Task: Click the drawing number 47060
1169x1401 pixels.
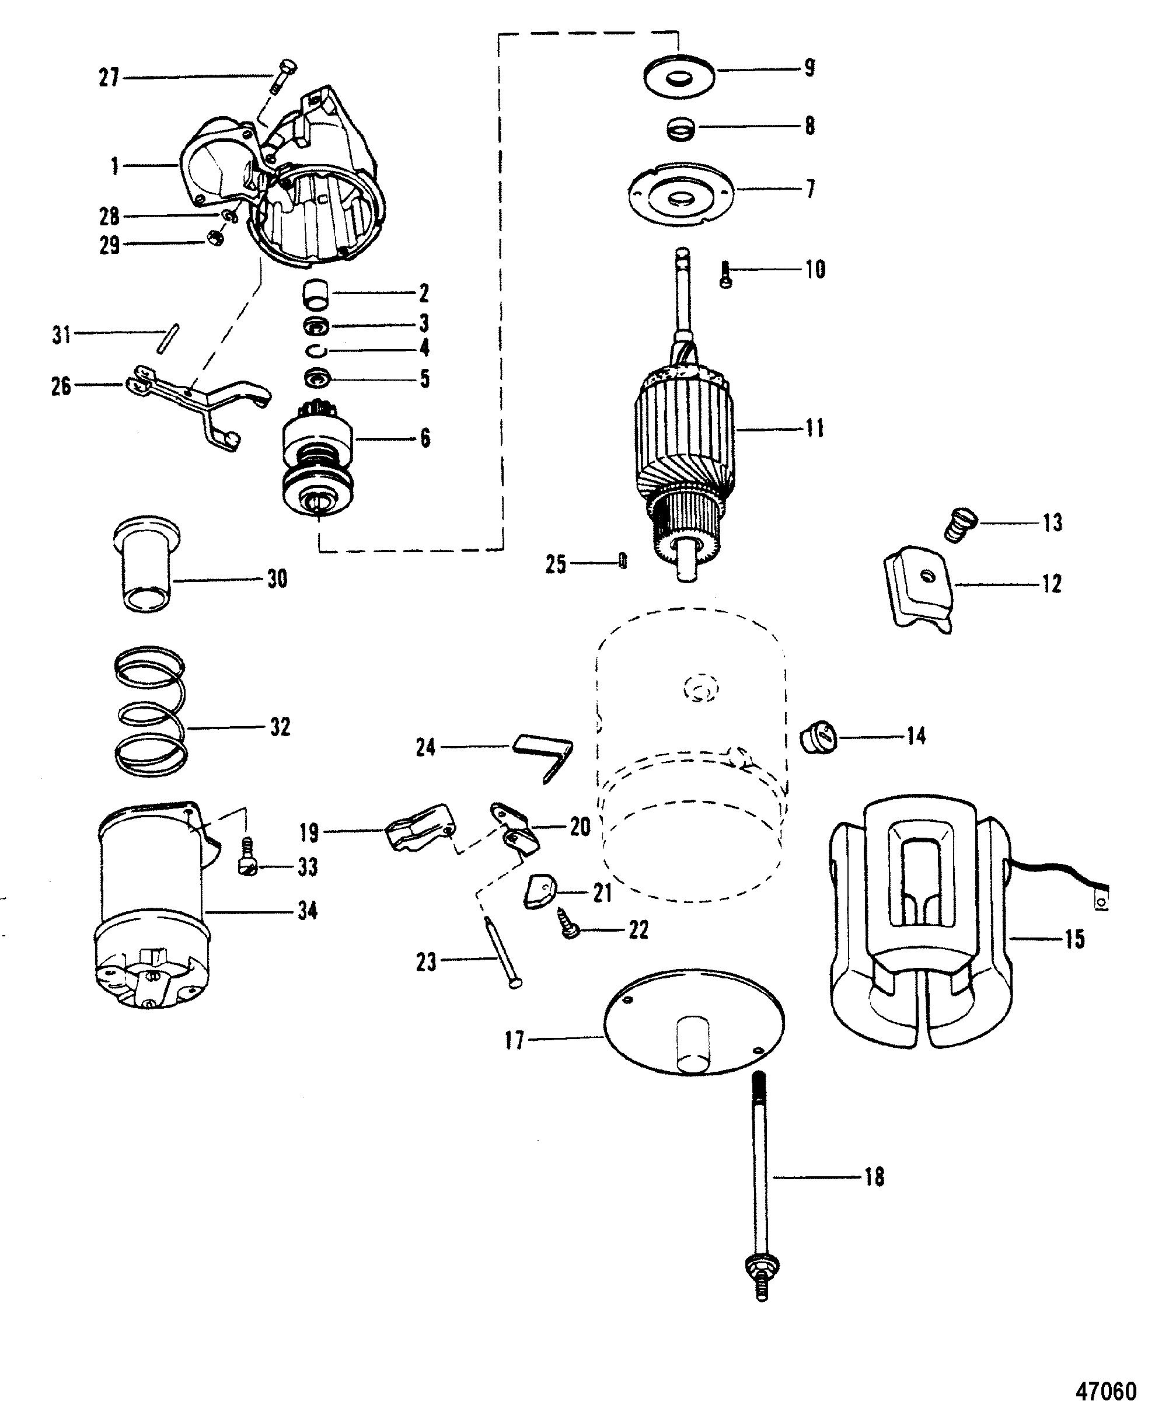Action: click(x=1107, y=1385)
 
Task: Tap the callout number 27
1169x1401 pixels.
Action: click(x=108, y=79)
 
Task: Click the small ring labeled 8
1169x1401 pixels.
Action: click(x=682, y=127)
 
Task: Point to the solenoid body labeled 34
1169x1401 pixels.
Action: click(x=153, y=914)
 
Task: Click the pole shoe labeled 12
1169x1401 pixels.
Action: click(x=919, y=587)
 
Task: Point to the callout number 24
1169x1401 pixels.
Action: click(x=425, y=747)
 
